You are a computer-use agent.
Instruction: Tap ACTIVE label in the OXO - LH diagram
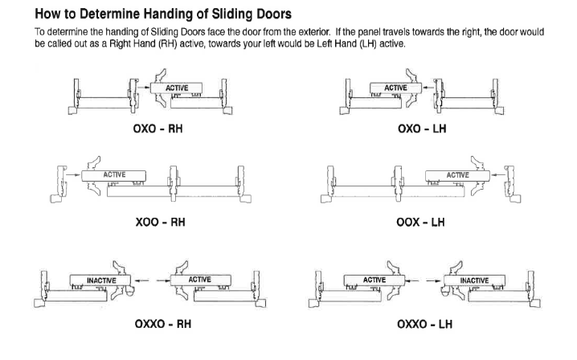(x=395, y=87)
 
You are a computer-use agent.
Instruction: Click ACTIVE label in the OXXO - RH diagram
(x=198, y=279)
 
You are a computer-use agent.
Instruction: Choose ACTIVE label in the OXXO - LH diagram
(x=374, y=279)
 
